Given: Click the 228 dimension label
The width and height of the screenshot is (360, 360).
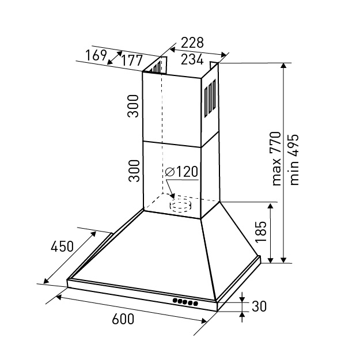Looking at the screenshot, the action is click(x=192, y=43).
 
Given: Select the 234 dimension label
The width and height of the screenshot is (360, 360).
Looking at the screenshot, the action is click(x=192, y=59).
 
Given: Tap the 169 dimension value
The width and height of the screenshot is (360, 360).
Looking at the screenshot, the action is click(x=96, y=55).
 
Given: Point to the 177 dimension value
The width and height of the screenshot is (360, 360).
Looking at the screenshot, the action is click(x=131, y=60).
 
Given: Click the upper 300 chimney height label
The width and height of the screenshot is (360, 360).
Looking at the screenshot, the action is click(x=134, y=106).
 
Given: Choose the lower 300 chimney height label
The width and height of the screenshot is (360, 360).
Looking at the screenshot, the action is click(x=134, y=171).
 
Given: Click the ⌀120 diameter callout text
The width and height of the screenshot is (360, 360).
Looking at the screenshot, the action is click(x=181, y=172).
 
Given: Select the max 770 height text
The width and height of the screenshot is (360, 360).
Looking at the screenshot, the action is click(x=276, y=158).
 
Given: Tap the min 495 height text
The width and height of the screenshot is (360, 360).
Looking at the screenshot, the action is click(x=294, y=160).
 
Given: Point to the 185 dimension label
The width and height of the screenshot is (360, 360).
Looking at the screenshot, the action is click(x=261, y=232).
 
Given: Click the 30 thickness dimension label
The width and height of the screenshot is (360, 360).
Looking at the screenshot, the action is click(x=259, y=306).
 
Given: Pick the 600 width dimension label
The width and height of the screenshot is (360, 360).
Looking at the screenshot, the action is click(x=123, y=319).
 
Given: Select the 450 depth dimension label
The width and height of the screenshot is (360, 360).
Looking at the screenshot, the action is click(x=62, y=247).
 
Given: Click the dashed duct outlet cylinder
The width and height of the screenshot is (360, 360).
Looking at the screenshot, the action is click(x=181, y=205).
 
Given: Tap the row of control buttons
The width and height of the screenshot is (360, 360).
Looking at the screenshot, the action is click(x=185, y=302).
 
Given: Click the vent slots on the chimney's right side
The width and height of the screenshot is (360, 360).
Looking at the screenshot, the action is click(x=210, y=98).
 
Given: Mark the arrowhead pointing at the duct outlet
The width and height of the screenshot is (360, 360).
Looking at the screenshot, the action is click(x=172, y=196).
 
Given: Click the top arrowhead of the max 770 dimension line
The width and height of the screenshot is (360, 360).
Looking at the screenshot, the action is click(x=284, y=66).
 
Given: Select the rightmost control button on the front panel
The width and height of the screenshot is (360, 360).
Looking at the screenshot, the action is click(x=196, y=304).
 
